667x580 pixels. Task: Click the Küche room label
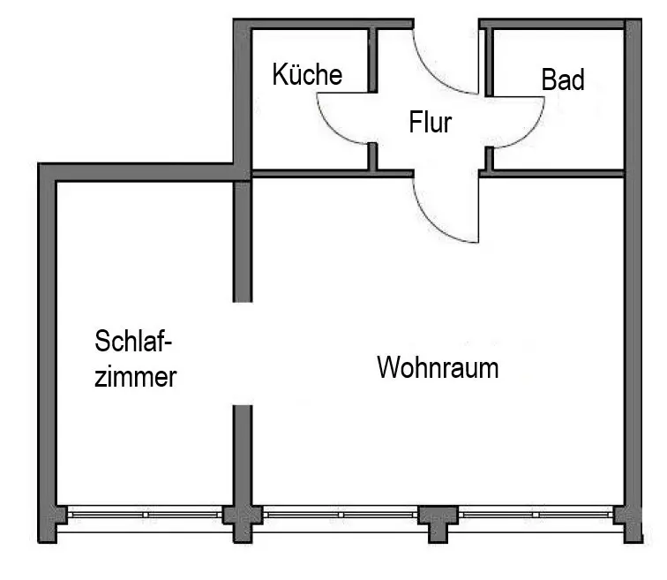pos(306,75)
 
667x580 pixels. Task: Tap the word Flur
pos(430,122)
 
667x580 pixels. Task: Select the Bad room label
pos(563,80)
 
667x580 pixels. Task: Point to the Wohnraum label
pos(438,367)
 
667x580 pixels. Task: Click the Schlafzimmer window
pos(146,514)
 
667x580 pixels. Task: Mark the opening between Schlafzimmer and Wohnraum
pos(243,353)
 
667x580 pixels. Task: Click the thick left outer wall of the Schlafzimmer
pos(47,353)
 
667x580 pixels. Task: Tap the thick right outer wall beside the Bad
pos(633,265)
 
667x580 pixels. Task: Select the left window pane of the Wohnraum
pos(339,514)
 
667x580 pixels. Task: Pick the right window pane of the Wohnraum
pos(535,514)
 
